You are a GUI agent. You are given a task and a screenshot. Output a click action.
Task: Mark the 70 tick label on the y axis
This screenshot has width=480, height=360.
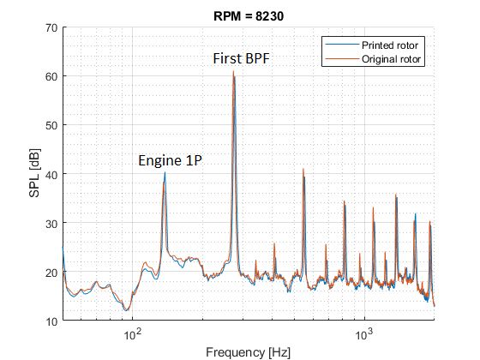coord(51,27)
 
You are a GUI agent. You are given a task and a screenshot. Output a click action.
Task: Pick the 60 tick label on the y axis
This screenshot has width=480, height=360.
coord(51,76)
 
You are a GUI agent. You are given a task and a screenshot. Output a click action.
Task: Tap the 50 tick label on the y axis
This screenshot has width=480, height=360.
coord(51,125)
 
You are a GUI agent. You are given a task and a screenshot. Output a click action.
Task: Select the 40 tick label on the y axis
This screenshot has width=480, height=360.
coord(51,174)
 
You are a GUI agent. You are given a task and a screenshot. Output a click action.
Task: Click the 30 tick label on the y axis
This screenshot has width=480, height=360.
coord(51,224)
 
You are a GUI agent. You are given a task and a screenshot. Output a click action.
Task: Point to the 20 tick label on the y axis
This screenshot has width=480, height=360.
coord(51,273)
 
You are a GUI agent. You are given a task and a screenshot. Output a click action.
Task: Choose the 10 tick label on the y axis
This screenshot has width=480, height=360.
coord(51,321)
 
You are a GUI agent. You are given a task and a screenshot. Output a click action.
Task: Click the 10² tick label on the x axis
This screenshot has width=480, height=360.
coord(132,333)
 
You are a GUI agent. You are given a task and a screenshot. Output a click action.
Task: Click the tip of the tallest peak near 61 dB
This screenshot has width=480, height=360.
coord(233,71)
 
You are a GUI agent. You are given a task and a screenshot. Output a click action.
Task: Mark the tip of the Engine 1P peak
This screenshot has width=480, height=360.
coord(165,172)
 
